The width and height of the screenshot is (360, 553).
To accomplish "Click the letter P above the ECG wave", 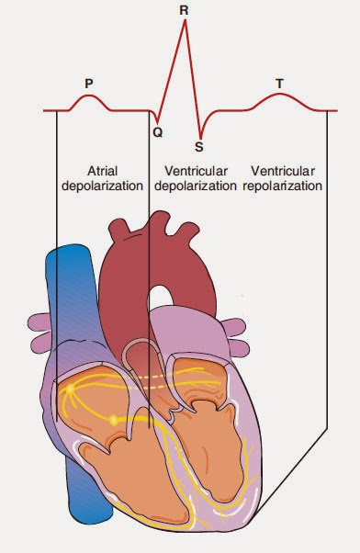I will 88,83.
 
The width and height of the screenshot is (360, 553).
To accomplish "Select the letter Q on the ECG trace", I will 157,131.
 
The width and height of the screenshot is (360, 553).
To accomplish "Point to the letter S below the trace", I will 198,144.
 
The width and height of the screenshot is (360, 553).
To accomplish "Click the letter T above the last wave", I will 279,83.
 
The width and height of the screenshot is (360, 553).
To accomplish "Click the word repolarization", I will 286,186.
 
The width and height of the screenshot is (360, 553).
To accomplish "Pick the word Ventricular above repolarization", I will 286,171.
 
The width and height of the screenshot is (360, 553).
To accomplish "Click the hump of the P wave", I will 89,96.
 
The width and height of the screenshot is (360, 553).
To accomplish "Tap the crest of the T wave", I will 280,95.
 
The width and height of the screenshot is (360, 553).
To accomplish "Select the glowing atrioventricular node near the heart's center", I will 113,420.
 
